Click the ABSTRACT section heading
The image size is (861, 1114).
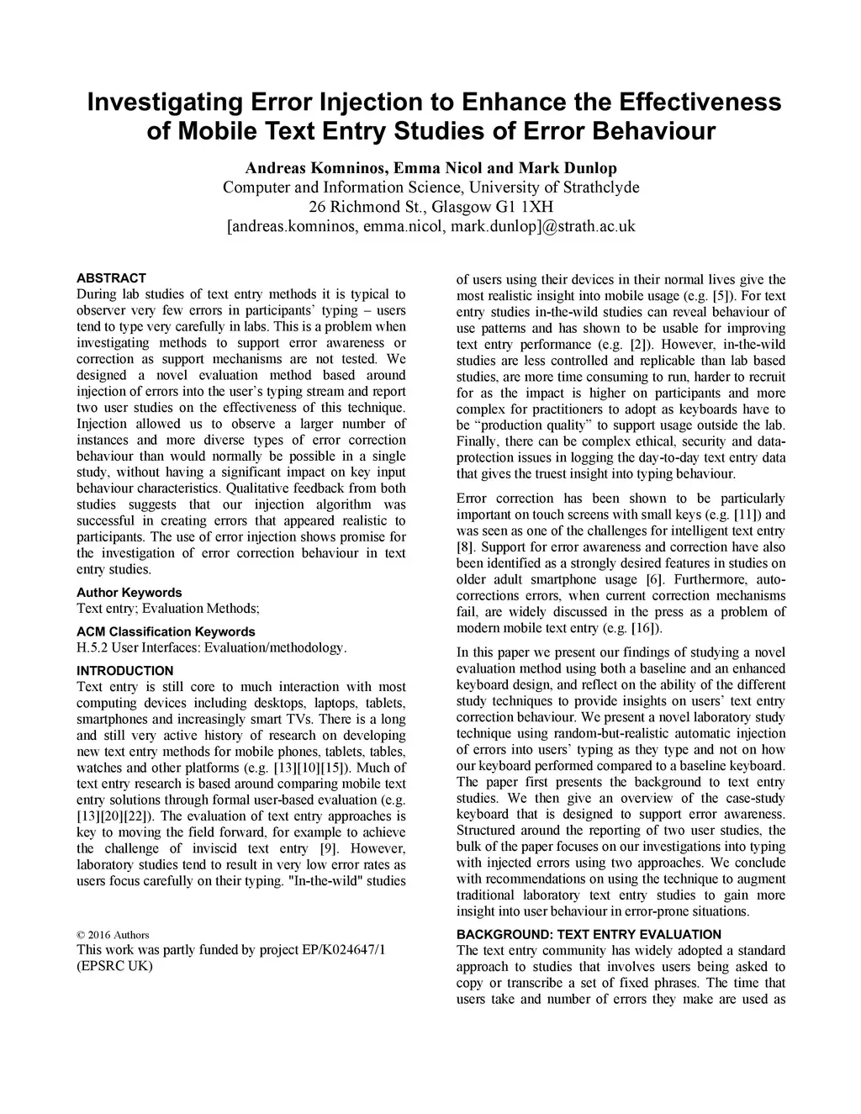111,277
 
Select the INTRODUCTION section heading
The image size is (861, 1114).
124,670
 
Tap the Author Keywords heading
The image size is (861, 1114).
129,592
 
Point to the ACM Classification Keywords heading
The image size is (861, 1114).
166,631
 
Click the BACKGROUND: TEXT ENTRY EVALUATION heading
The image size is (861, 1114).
589,934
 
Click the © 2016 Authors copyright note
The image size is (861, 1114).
113,935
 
